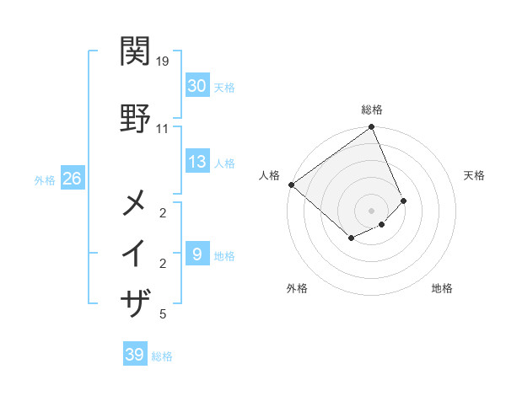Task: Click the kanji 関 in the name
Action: click(x=136, y=53)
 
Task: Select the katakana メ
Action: click(x=136, y=203)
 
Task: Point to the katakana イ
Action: click(x=136, y=253)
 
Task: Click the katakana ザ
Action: click(x=136, y=302)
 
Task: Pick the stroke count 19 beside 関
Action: click(x=164, y=62)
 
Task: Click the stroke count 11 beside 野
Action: click(x=163, y=129)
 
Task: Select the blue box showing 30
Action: click(x=197, y=86)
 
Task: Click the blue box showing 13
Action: click(x=197, y=162)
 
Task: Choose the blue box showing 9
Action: click(x=197, y=254)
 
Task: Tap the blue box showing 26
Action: click(x=72, y=179)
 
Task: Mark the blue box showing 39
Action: click(x=135, y=355)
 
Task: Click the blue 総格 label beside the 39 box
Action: click(x=162, y=356)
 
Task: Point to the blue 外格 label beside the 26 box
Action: click(x=45, y=179)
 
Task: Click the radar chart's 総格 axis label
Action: click(x=371, y=110)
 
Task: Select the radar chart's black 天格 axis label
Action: click(x=474, y=175)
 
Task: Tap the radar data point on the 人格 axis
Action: click(x=291, y=185)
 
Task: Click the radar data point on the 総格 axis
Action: click(x=371, y=127)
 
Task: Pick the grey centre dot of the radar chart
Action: click(x=371, y=210)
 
